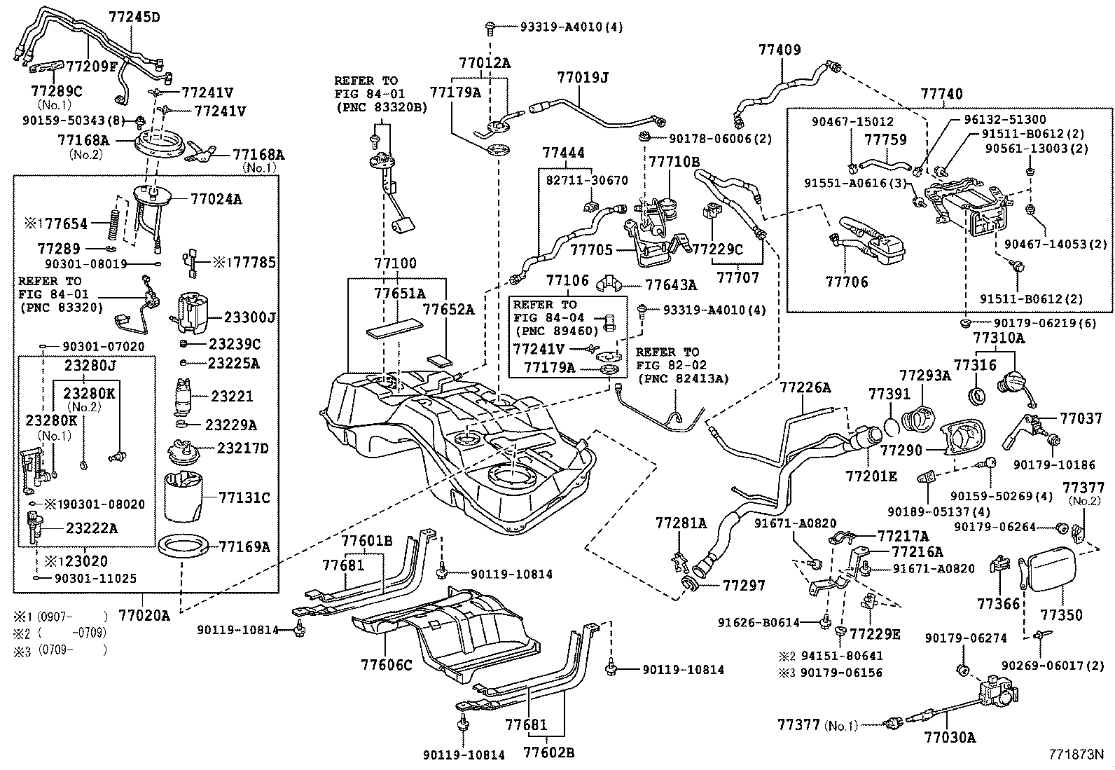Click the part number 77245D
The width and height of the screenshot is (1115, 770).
click(x=134, y=17)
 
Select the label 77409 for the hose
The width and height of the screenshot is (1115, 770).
click(x=780, y=50)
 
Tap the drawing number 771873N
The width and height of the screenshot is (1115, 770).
click(x=1075, y=755)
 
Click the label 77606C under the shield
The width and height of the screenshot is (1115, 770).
click(x=387, y=664)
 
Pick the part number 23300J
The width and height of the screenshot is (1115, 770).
click(x=249, y=317)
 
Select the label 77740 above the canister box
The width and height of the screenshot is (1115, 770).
click(x=941, y=94)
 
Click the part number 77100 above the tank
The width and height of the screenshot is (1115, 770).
click(x=394, y=263)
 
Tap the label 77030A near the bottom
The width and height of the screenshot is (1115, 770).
click(x=950, y=737)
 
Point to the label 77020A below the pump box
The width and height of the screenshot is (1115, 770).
click(x=144, y=616)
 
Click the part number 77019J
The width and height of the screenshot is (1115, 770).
click(x=582, y=77)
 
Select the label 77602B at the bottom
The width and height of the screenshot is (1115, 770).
click(x=549, y=752)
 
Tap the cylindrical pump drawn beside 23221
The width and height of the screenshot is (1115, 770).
click(x=186, y=394)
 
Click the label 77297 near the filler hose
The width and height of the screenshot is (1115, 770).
click(x=744, y=585)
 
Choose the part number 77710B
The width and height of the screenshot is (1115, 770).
click(x=674, y=162)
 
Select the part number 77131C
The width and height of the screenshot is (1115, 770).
click(x=244, y=497)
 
